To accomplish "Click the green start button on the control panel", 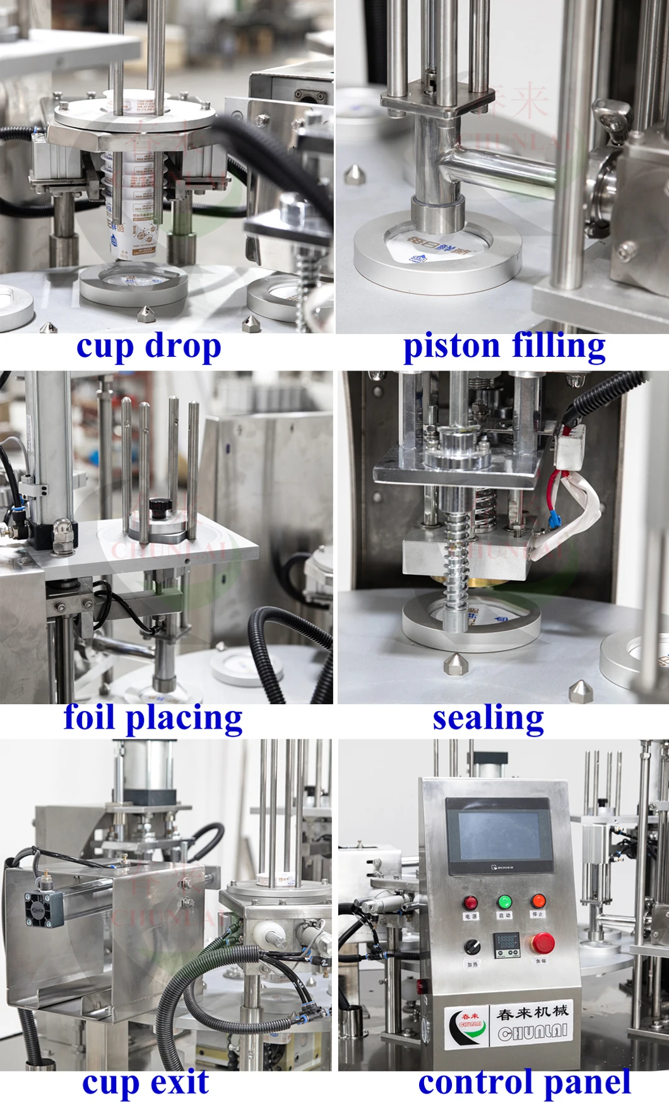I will point(504,902).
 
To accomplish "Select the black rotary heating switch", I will point(471,946).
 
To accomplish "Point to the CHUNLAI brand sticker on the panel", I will point(511,1026).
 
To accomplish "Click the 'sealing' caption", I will point(488,718).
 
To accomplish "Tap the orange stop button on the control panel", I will point(538,900).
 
